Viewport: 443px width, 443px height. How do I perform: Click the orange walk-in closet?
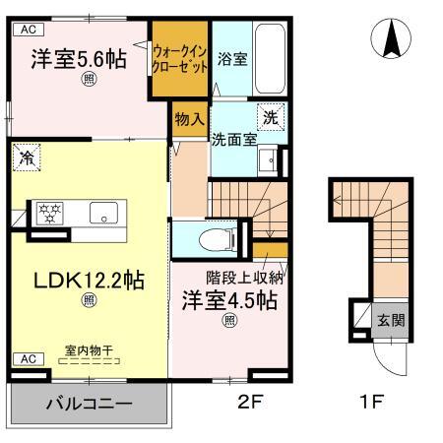pos(178,61)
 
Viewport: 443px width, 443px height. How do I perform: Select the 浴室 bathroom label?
pos(232,59)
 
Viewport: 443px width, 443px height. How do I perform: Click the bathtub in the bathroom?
pos(268,59)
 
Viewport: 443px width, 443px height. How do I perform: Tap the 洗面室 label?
pos(234,139)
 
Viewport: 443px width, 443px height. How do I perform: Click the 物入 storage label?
pos(189,118)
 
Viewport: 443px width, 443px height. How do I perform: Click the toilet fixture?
pos(211,237)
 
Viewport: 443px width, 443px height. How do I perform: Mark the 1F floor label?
pos(370,402)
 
